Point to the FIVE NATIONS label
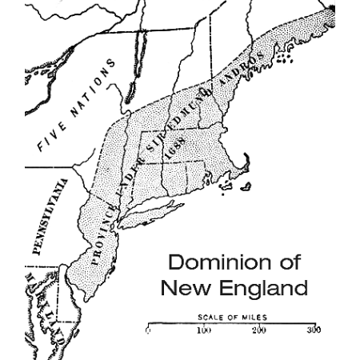coord(77,105)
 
